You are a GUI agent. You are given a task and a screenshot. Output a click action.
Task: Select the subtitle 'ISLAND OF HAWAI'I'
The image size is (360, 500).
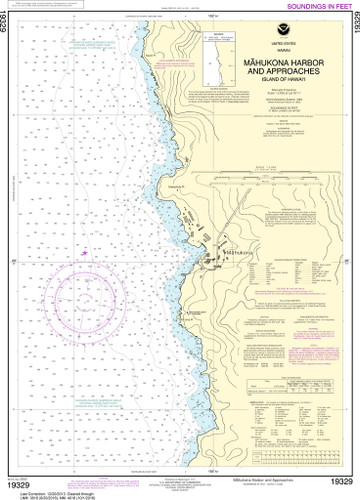click(x=282, y=78)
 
